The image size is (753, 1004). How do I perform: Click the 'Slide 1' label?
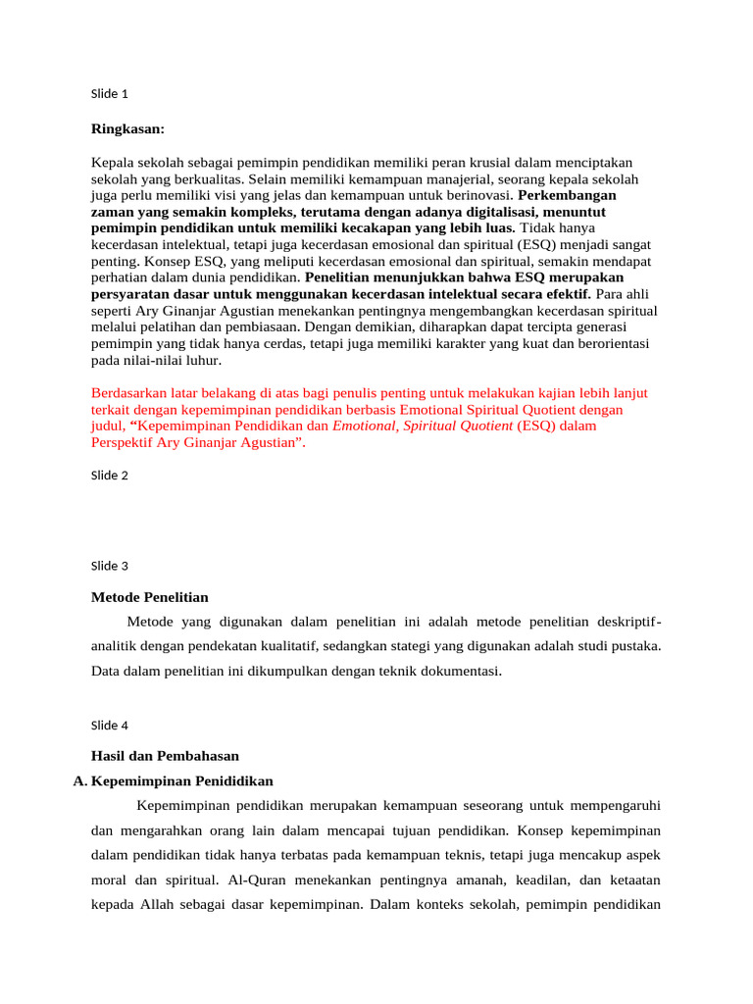click(x=109, y=94)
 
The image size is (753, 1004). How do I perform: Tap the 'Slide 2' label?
click(x=109, y=475)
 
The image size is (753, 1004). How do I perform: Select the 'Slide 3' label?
click(x=109, y=566)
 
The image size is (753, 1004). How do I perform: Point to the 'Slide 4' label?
click(x=109, y=726)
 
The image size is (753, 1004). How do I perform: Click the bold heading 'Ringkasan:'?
click(x=127, y=129)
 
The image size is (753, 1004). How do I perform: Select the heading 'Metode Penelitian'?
click(x=149, y=597)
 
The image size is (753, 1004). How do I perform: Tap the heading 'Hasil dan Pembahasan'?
click(x=165, y=756)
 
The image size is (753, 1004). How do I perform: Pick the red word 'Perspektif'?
click(x=123, y=443)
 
